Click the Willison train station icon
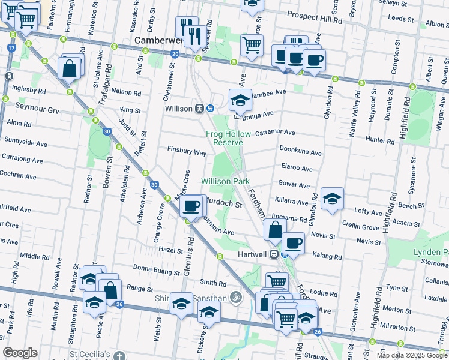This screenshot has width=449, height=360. (x=199, y=109)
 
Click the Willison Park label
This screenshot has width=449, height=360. (x=225, y=181)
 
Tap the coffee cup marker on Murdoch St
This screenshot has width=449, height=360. (x=191, y=206)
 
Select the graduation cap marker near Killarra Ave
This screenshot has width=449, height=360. (x=331, y=200)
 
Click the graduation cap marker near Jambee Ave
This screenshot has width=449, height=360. (x=240, y=101)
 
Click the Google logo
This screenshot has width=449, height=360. (x=20, y=353)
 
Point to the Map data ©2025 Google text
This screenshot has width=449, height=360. (x=412, y=355)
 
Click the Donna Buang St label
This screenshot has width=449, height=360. (x=156, y=271)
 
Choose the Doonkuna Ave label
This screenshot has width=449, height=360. (x=300, y=153)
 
